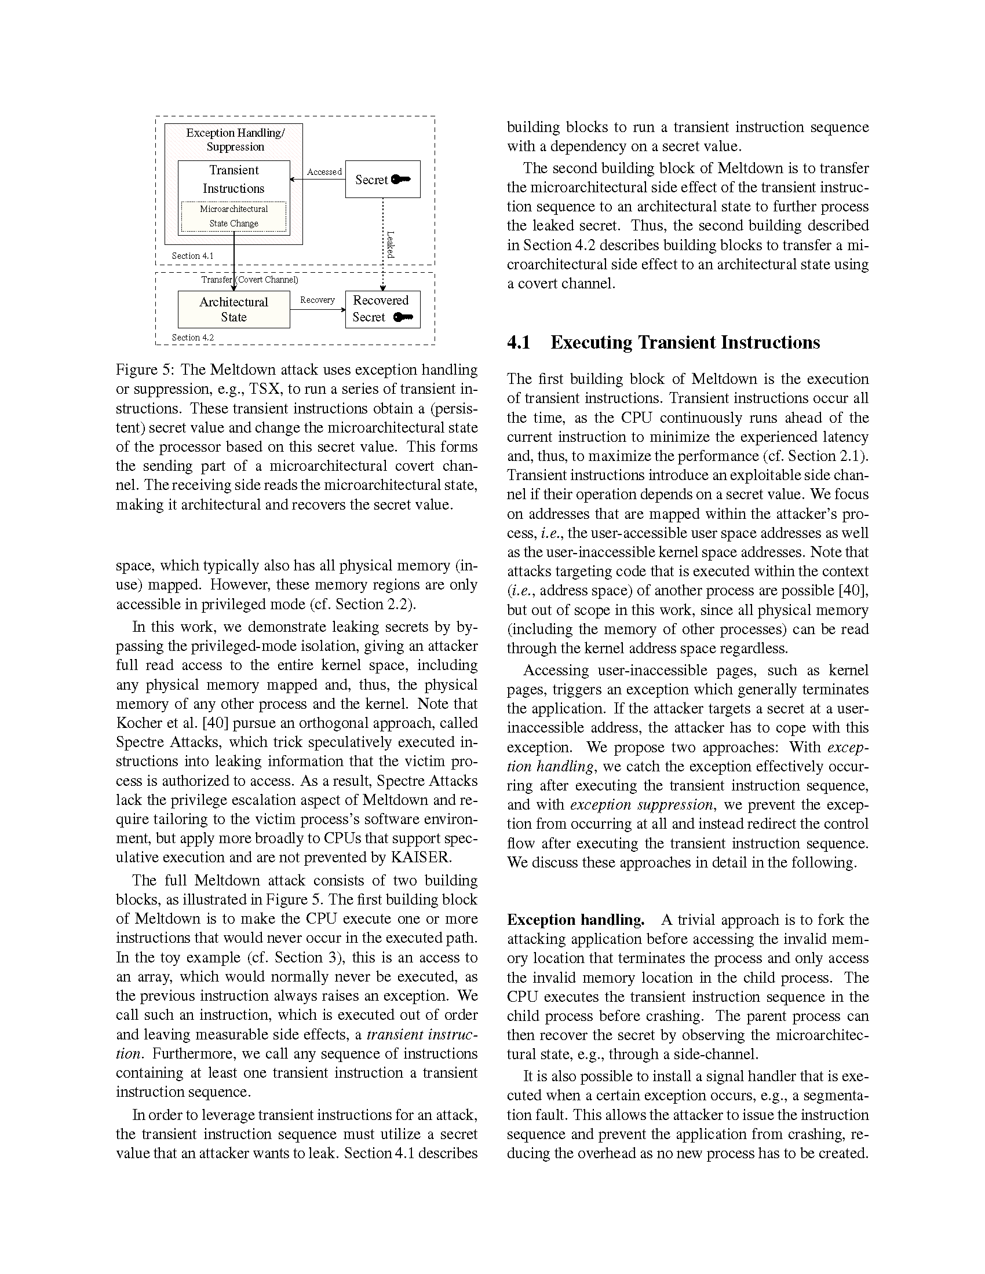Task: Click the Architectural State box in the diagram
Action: tap(234, 310)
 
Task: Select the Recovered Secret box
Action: tap(382, 309)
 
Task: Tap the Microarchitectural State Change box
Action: tap(234, 217)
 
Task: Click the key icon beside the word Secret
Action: tap(401, 180)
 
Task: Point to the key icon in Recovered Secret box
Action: tap(403, 317)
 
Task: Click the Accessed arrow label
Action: tap(324, 172)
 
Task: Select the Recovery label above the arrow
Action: tap(317, 300)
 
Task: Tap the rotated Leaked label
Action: tap(391, 244)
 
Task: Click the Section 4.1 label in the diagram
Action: tap(192, 255)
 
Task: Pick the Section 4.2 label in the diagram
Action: tap(192, 337)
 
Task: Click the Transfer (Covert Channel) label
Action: tap(250, 280)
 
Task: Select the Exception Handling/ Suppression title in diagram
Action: tap(235, 140)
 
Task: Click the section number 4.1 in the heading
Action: tap(518, 342)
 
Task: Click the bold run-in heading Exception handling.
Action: tap(575, 920)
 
